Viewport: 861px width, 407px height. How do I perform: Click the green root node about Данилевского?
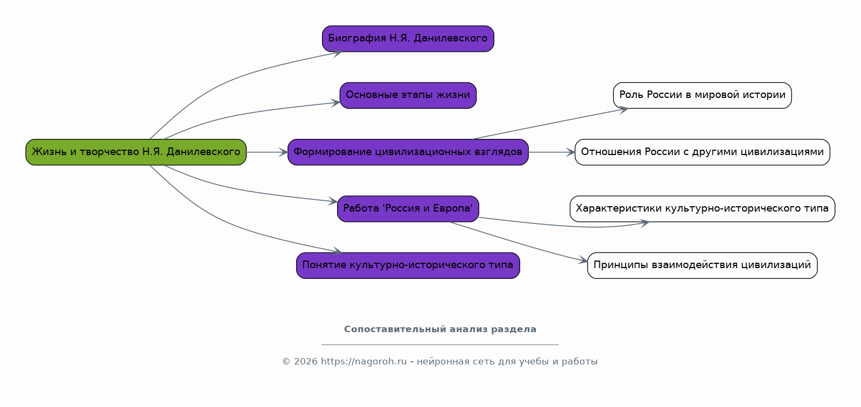136,152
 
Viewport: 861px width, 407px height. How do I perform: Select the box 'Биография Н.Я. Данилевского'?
408,39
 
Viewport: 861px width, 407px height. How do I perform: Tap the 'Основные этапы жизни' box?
408,95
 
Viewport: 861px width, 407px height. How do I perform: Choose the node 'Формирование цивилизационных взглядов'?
408,152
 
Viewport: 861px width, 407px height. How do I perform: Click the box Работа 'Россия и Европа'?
408,209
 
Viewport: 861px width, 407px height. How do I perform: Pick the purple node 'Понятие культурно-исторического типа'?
408,265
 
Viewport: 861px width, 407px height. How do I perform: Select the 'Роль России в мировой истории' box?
702,95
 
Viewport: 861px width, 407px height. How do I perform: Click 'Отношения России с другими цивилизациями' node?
702,152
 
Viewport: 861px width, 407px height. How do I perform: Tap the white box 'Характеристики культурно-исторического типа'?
702,209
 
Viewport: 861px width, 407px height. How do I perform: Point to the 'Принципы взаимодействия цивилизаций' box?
702,265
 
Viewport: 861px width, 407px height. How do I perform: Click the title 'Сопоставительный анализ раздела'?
440,329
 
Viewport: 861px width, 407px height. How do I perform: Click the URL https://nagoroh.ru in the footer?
363,362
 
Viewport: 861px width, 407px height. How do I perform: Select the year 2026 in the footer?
306,362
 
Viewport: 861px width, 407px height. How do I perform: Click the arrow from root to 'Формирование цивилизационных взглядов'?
267,152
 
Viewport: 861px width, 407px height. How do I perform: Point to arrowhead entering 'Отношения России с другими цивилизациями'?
571,152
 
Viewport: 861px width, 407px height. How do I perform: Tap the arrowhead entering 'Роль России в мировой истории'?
624,110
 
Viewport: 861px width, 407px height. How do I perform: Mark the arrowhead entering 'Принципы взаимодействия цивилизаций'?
583,261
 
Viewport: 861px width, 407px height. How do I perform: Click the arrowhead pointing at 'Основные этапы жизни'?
335,103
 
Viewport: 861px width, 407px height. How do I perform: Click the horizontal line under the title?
440,345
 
